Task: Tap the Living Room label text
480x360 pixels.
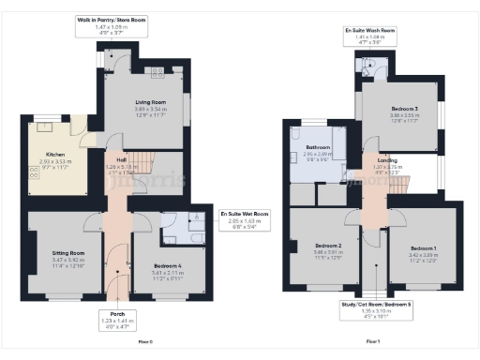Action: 142,102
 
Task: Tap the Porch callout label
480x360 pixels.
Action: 112,314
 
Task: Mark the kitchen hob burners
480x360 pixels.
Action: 34,172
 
